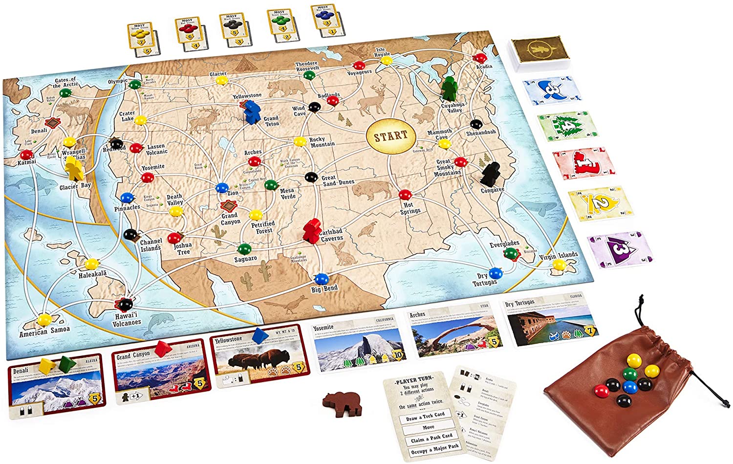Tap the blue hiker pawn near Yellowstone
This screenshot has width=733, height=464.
pos(252,111)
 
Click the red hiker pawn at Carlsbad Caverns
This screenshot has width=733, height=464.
pos(310,231)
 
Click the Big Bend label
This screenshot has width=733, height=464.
pos(324,288)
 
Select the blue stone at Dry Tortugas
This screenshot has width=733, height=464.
pos(495,273)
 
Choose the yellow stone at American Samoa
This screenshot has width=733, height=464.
pos(45,320)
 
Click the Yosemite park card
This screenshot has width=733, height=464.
pos(358,342)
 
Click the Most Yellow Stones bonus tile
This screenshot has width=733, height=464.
pos(141,35)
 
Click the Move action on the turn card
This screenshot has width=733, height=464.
pos(429,427)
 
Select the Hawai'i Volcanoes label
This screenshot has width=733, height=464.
pos(127,319)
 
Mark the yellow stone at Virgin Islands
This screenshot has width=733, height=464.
pos(559,265)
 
